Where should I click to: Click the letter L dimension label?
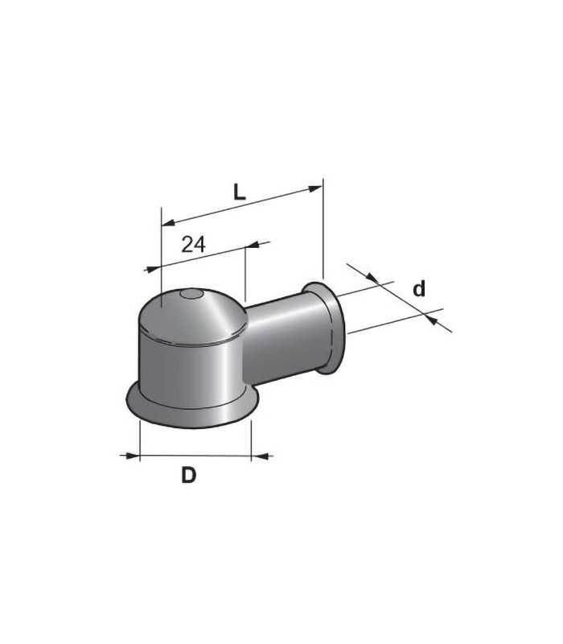pos(238,192)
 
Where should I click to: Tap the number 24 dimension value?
pos(192,245)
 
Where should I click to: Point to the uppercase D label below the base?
pos(188,475)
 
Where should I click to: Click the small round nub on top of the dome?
pos(191,295)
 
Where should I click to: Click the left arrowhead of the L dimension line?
pos(167,222)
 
